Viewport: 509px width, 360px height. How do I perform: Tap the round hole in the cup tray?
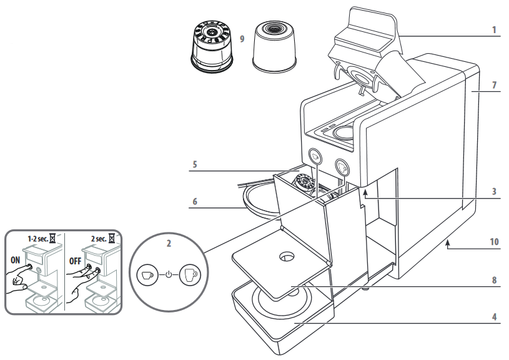287,256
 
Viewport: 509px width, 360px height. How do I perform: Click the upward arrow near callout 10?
448,245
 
